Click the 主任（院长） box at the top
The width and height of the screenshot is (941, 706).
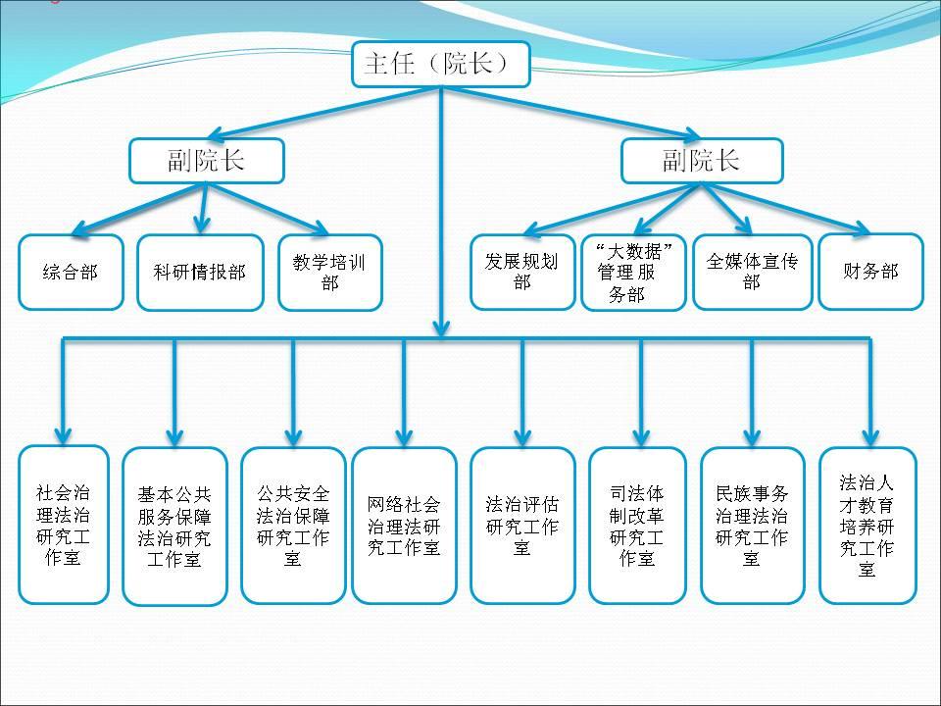(x=440, y=64)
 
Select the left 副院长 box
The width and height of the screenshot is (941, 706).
(x=206, y=160)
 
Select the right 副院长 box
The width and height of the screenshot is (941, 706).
(x=702, y=160)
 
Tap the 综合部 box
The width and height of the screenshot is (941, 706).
(x=71, y=272)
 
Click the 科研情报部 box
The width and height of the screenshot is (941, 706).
(x=200, y=272)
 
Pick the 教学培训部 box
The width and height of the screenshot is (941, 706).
(x=329, y=272)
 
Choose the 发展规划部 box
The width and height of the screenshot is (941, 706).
(x=522, y=271)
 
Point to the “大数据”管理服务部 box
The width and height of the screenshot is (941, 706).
(x=633, y=272)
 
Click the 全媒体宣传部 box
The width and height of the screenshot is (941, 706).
(x=752, y=271)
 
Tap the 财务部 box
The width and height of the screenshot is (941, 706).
(x=870, y=271)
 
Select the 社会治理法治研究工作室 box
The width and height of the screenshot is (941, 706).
(x=64, y=525)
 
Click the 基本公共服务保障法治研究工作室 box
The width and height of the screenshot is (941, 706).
(x=174, y=528)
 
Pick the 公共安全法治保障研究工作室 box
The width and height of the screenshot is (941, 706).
(x=293, y=525)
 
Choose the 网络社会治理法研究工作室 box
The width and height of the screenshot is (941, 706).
(x=404, y=525)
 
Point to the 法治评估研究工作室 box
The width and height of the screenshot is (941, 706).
(x=522, y=525)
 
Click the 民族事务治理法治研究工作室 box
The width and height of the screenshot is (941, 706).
(x=752, y=525)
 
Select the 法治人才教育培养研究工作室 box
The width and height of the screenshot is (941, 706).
(x=867, y=525)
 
